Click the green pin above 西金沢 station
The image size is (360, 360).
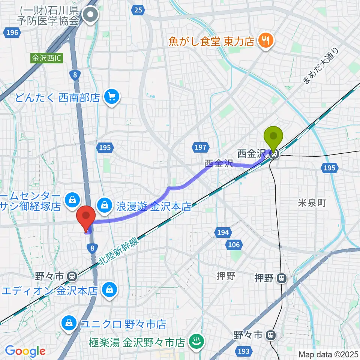tap(273, 137)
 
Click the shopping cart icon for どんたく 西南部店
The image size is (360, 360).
tap(111, 97)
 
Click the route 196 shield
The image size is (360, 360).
tap(12, 33)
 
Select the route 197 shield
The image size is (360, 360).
tap(201, 147)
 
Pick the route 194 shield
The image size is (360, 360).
tap(223, 233)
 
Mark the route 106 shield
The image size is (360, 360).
tap(234, 245)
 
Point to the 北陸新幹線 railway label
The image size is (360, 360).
tap(119, 253)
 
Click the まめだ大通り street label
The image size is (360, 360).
tap(320, 66)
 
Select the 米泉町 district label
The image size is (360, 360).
tap(312, 203)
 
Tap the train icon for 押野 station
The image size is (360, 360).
tap(281, 278)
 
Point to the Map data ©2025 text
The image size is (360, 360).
tap(328, 354)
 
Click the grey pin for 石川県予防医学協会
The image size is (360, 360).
tap(90, 16)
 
